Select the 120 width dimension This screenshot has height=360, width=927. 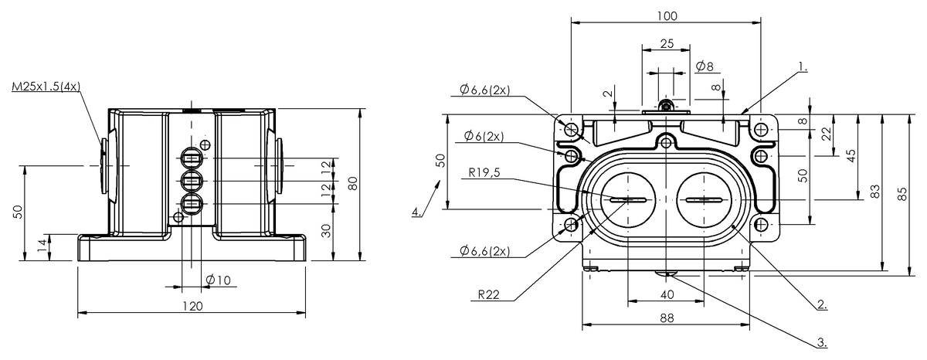pos(192,306)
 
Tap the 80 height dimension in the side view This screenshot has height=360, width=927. pos(352,184)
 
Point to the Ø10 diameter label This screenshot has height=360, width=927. pos(219,280)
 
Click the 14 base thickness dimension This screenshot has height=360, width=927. pos(40,247)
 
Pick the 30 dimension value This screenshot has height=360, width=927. pos(326,230)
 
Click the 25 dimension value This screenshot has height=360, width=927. pos(665,44)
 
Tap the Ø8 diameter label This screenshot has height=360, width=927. pos(704,66)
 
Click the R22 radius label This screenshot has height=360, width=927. pos(487,294)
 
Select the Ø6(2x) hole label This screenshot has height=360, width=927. pos(484,137)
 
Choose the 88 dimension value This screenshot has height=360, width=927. pos(665,318)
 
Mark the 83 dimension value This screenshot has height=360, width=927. pos(875,192)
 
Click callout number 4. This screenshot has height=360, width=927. pos(416,211)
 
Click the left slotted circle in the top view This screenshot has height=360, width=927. pos(627,200)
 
